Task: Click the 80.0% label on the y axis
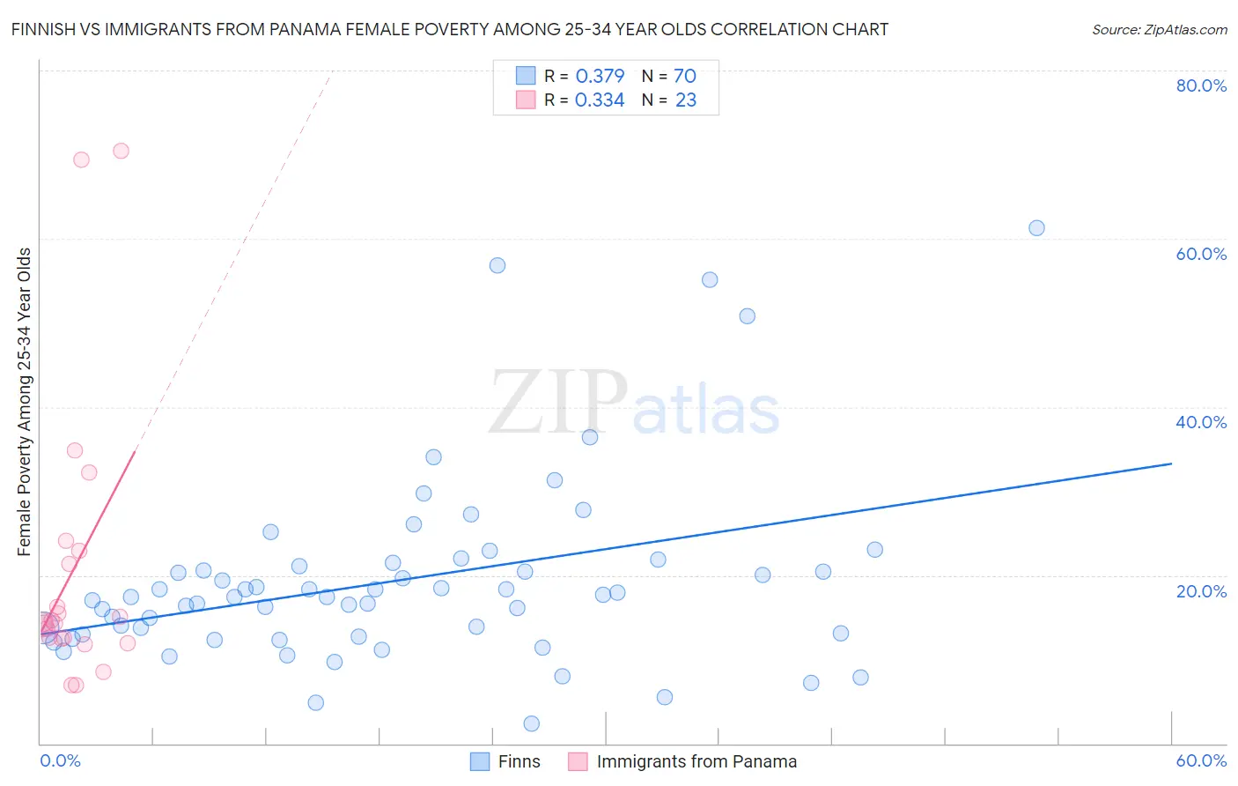pyautogui.click(x=1201, y=85)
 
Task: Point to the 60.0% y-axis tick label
pyautogui.click(x=1201, y=254)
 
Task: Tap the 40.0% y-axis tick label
pyautogui.click(x=1201, y=422)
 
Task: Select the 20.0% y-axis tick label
pyautogui.click(x=1201, y=590)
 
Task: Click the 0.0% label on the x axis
pyautogui.click(x=60, y=760)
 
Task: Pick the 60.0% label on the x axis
pyautogui.click(x=1201, y=760)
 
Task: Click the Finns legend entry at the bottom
pyautogui.click(x=519, y=761)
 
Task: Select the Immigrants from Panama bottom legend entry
pyautogui.click(x=696, y=761)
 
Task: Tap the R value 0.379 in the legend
pyautogui.click(x=600, y=76)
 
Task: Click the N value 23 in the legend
pyautogui.click(x=685, y=100)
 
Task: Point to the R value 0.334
pyautogui.click(x=600, y=100)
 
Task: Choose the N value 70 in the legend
pyautogui.click(x=684, y=76)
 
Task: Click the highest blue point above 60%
pyautogui.click(x=1036, y=228)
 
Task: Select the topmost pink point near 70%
pyautogui.click(x=121, y=151)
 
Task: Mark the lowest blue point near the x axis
pyautogui.click(x=531, y=723)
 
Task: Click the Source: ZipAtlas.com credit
pyautogui.click(x=1159, y=29)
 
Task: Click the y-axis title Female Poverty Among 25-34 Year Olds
pyautogui.click(x=25, y=402)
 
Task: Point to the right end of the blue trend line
pyautogui.click(x=1171, y=463)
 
